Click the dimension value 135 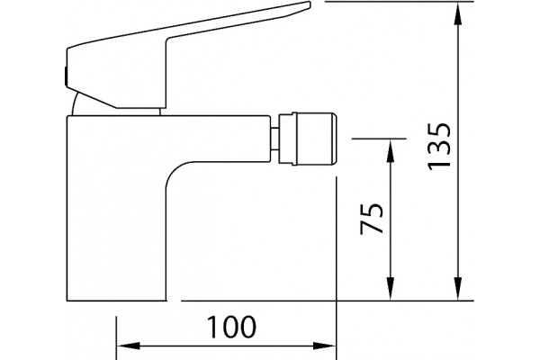pyautogui.click(x=439, y=146)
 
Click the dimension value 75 pyautogui.click(x=371, y=219)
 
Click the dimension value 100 pyautogui.click(x=231, y=327)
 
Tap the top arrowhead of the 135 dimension pyautogui.click(x=457, y=14)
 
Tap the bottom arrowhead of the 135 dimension pyautogui.click(x=457, y=288)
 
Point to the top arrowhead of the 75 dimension pyautogui.click(x=391, y=151)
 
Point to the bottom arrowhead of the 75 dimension pyautogui.click(x=391, y=288)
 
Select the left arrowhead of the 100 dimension pyautogui.click(x=129, y=346)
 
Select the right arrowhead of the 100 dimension pyautogui.click(x=324, y=346)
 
